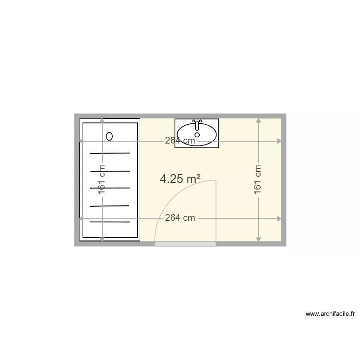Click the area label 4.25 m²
pyautogui.click(x=180, y=179)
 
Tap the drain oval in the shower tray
pyautogui.click(x=109, y=136)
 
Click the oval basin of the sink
pyautogui.click(x=197, y=134)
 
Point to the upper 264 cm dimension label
pyautogui.click(x=180, y=141)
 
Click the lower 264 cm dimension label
pyautogui.click(x=180, y=218)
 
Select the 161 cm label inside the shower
pyautogui.click(x=102, y=180)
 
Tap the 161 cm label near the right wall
pyautogui.click(x=258, y=180)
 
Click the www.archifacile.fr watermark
pyautogui.click(x=330, y=314)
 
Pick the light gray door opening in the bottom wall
pyautogui.click(x=185, y=244)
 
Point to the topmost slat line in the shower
pyautogui.click(x=110, y=154)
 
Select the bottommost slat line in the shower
pyautogui.click(x=110, y=222)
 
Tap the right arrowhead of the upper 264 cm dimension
pyautogui.click(x=279, y=141)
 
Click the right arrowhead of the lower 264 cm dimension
pyautogui.click(x=279, y=218)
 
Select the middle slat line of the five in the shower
pyautogui.click(x=110, y=188)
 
